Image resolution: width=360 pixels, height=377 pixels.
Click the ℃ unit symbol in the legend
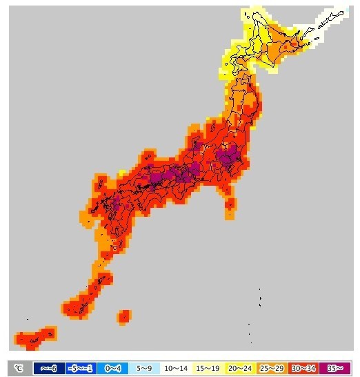tap(19, 368)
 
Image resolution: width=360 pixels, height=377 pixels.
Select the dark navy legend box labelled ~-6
tap(49, 368)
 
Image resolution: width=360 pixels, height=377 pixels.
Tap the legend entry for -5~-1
tap(79, 368)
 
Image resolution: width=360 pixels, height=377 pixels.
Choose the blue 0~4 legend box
tap(110, 368)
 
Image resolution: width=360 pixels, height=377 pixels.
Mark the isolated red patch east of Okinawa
tap(124, 316)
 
